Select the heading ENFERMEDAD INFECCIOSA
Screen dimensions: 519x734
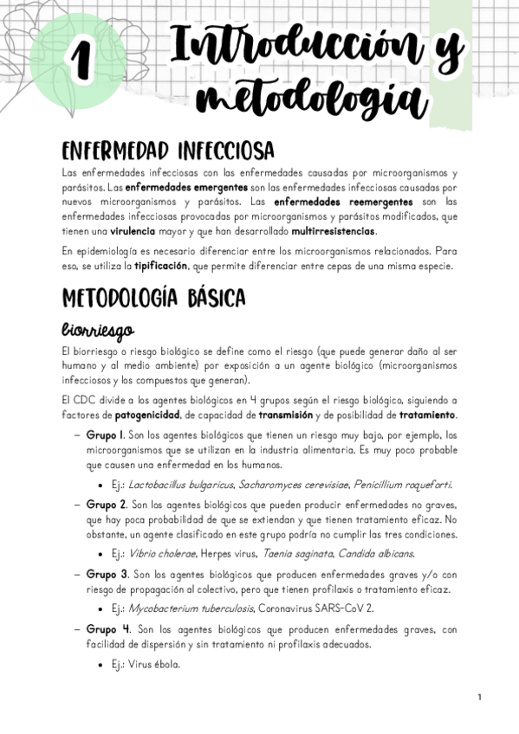(x=168, y=151)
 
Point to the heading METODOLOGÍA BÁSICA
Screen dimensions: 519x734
(x=154, y=298)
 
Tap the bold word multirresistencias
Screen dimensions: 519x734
(x=334, y=232)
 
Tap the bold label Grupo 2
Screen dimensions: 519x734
(x=107, y=504)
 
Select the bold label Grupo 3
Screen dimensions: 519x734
(x=107, y=574)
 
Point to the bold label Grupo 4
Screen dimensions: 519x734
(x=108, y=629)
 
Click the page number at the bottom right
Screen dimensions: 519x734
(x=479, y=698)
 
